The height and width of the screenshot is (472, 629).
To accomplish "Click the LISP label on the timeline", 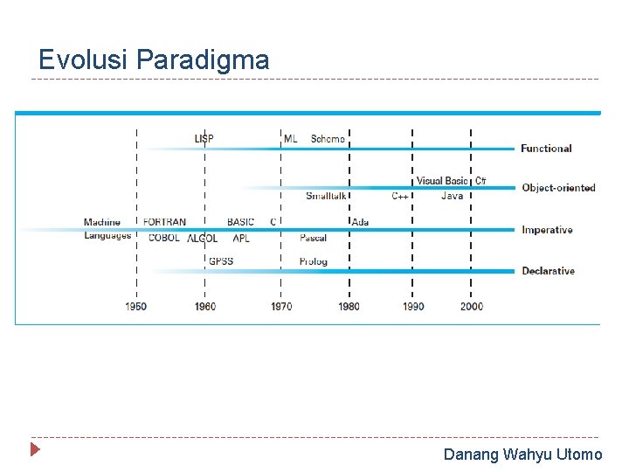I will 204,138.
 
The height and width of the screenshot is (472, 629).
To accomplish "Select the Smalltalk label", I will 327,196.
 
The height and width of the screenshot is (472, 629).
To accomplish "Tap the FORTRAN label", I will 164,222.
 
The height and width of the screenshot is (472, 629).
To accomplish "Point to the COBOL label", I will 163,238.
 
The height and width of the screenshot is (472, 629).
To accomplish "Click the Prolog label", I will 313,261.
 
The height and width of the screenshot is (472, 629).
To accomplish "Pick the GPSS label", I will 220,261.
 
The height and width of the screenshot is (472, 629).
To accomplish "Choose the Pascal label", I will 313,238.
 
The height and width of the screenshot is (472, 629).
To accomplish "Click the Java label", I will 452,196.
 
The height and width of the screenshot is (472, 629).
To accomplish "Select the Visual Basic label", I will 442,181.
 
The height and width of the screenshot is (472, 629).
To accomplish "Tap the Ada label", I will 360,222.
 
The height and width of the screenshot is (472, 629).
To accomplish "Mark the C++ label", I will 401,196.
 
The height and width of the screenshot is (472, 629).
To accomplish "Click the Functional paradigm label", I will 546,149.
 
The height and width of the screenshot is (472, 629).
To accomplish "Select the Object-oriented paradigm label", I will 558,188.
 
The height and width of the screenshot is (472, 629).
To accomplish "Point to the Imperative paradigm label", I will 547,230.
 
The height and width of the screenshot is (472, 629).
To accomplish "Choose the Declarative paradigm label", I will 548,271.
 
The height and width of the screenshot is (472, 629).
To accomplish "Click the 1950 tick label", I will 135,307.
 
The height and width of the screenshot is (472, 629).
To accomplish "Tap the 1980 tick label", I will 349,307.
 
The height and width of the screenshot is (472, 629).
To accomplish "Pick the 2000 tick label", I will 472,307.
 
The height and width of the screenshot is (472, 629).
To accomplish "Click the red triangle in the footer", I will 35,451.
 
